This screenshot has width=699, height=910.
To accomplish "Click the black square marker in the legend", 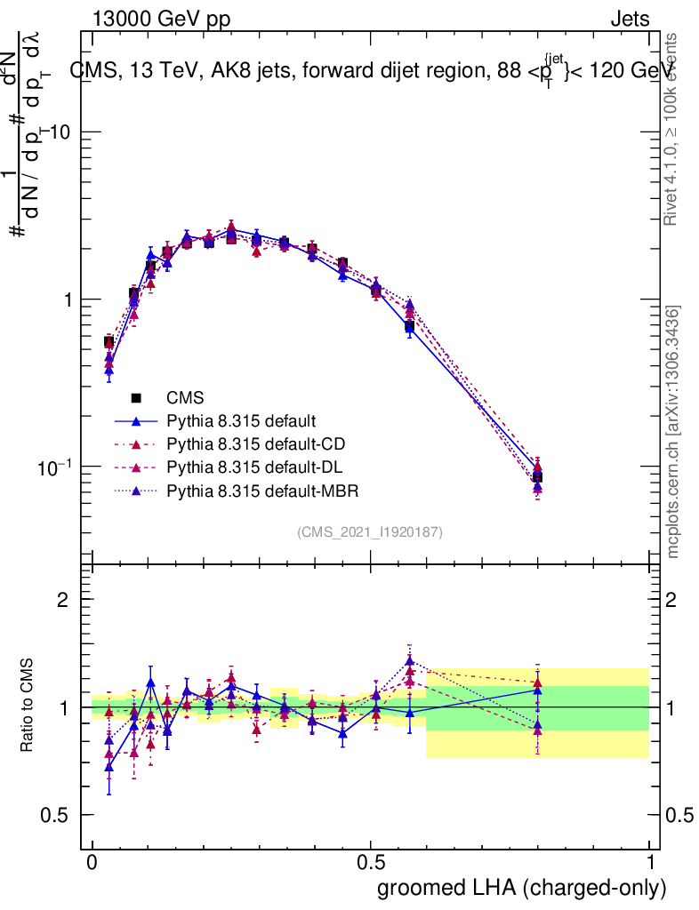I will pyautogui.click(x=136, y=397).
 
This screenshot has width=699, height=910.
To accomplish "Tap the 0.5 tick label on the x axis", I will pyautogui.click(x=371, y=862).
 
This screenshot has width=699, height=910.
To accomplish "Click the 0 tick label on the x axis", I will pyautogui.click(x=92, y=862).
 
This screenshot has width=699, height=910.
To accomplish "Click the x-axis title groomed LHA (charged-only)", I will pyautogui.click(x=522, y=887).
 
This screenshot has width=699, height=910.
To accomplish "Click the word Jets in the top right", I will pyautogui.click(x=630, y=19).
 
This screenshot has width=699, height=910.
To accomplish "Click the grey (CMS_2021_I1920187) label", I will pyautogui.click(x=370, y=531).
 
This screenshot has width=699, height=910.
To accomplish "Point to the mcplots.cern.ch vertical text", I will pyautogui.click(x=674, y=433).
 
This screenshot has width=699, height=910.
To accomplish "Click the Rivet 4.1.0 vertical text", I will pyautogui.click(x=674, y=129).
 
